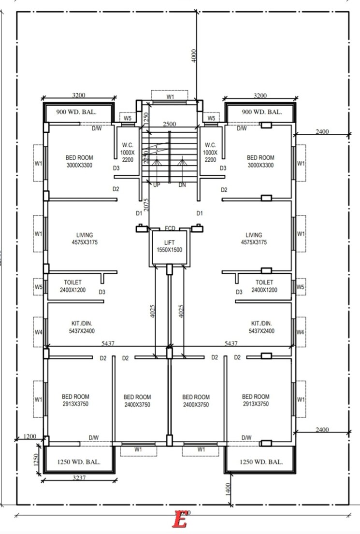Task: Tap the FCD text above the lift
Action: (x=170, y=228)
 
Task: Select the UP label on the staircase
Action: (x=157, y=185)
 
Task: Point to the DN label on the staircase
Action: (x=182, y=185)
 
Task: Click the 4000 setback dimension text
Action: (x=194, y=55)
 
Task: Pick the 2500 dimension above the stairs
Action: (x=169, y=124)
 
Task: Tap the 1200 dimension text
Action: (x=30, y=436)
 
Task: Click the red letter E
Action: (x=180, y=520)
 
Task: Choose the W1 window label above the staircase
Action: (x=171, y=97)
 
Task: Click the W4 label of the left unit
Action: (x=38, y=332)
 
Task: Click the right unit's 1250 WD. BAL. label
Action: (x=261, y=462)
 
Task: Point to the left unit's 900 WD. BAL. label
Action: (x=76, y=112)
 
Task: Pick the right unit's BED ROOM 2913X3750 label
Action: (x=256, y=400)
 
